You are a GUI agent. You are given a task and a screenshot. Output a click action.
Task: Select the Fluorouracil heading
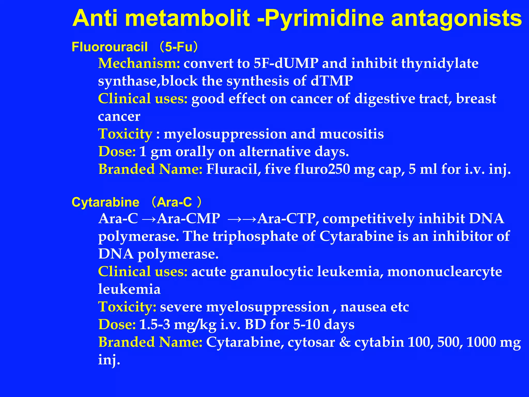pyautogui.click(x=110, y=47)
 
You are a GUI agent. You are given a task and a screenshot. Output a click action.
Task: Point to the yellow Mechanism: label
pyautogui.click(x=139, y=63)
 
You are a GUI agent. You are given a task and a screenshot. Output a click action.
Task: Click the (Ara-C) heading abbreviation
pyautogui.click(x=176, y=202)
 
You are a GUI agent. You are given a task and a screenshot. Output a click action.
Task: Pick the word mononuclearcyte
pyautogui.click(x=445, y=272)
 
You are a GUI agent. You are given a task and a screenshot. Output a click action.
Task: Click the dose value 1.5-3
pyautogui.click(x=155, y=324)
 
